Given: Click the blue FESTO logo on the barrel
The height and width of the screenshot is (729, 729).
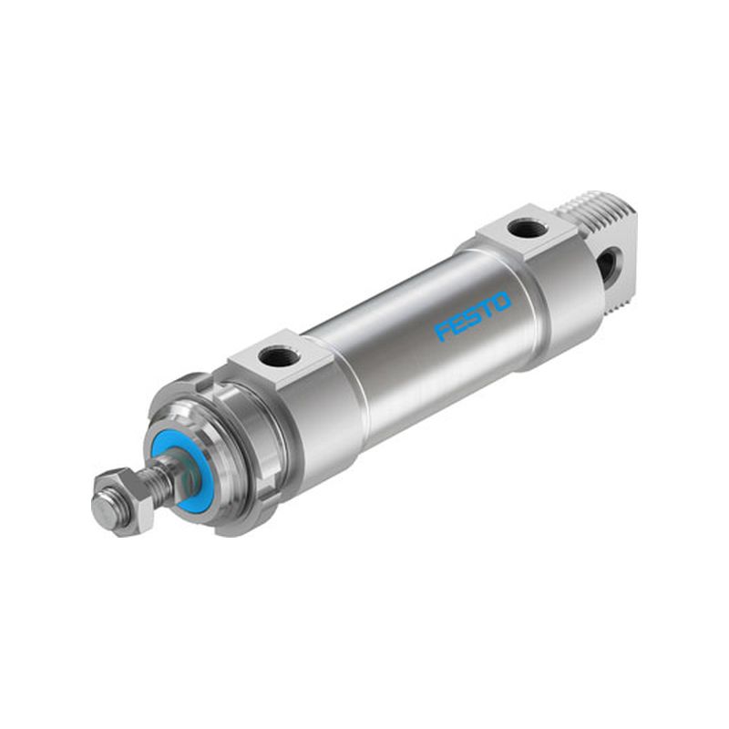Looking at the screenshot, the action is pyautogui.click(x=473, y=316).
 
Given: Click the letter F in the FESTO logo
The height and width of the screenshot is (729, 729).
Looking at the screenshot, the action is pyautogui.click(x=443, y=332).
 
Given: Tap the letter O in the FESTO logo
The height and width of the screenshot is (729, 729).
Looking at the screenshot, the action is pyautogui.click(x=501, y=302).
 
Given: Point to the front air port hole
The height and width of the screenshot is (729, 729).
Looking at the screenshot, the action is pyautogui.click(x=274, y=356).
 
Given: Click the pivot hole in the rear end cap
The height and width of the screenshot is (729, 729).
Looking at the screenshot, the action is pyautogui.click(x=610, y=262).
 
